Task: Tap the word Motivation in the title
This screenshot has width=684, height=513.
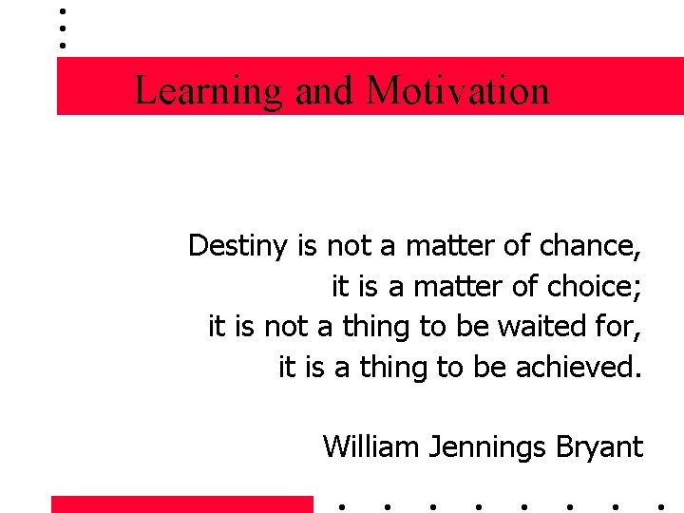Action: click(x=457, y=91)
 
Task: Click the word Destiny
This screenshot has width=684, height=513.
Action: click(x=237, y=246)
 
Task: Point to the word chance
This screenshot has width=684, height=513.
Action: click(x=590, y=246)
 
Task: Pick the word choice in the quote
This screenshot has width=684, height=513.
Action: click(x=591, y=286)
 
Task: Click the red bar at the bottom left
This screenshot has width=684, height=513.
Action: click(x=181, y=504)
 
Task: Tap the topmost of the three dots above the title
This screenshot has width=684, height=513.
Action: click(x=62, y=12)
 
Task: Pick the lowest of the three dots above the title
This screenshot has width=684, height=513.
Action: click(x=62, y=45)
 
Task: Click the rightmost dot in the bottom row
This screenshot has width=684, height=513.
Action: click(x=661, y=505)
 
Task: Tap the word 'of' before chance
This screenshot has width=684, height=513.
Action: click(x=518, y=246)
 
